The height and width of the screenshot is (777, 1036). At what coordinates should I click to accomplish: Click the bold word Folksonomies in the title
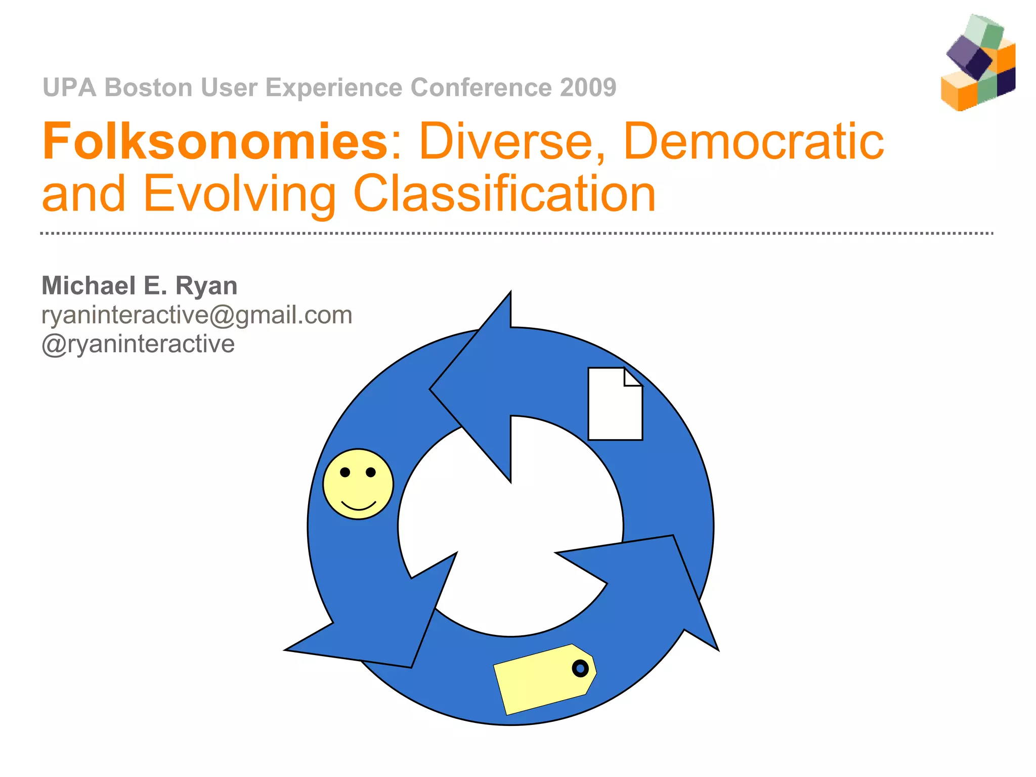[215, 142]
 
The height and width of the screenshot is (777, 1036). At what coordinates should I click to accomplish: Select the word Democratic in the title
[754, 142]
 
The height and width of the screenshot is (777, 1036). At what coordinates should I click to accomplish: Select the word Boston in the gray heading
[149, 88]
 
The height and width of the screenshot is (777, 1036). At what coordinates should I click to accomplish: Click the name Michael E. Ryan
[140, 286]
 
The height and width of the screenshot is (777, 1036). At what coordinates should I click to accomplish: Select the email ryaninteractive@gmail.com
[197, 315]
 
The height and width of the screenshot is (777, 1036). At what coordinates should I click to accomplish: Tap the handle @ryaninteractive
[138, 344]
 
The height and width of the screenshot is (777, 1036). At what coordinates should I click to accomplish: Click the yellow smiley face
[358, 484]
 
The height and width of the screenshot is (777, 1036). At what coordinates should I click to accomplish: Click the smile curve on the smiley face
[359, 506]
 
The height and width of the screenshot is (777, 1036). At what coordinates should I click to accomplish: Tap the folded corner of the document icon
[633, 377]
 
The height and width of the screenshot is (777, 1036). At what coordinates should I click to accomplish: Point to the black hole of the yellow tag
[580, 669]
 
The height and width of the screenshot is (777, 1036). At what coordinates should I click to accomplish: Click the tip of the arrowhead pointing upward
[510, 293]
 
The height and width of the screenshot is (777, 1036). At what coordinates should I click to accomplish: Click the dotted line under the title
[516, 233]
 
